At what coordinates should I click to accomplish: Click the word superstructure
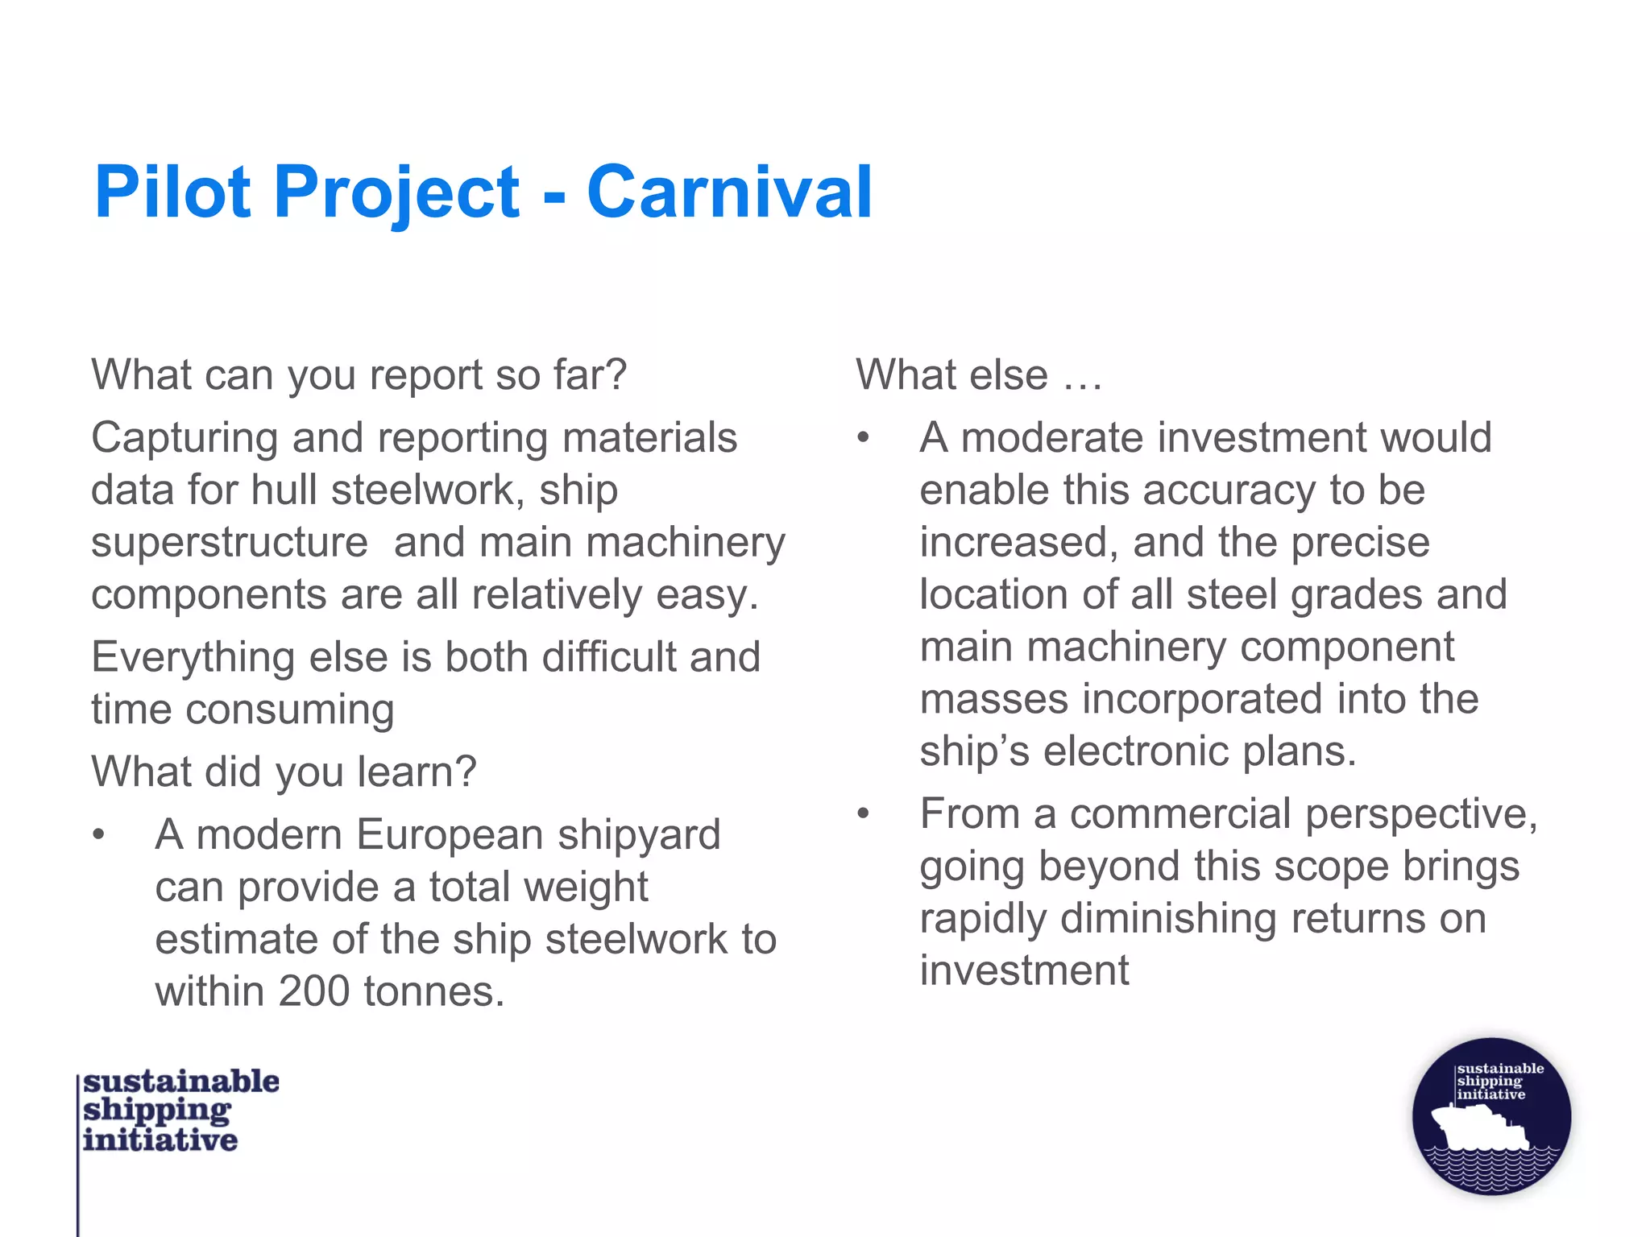(x=229, y=542)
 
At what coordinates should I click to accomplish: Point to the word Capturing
(x=184, y=439)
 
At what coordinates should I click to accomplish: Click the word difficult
(x=608, y=657)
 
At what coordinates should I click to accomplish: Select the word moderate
(x=1051, y=438)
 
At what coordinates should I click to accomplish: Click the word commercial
(x=1180, y=813)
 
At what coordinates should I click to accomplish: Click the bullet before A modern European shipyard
(x=98, y=835)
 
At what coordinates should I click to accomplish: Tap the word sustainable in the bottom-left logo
(x=181, y=1082)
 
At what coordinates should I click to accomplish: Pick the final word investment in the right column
(x=1024, y=970)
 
